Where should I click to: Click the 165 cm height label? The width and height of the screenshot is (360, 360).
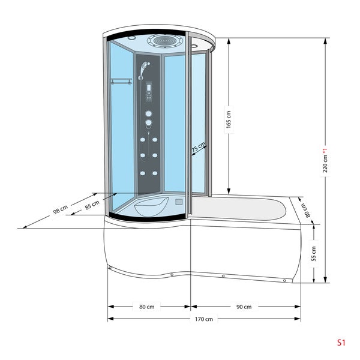click(x=229, y=119)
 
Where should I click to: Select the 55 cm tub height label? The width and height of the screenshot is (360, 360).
click(x=314, y=253)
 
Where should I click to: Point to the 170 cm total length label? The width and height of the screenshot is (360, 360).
click(x=204, y=319)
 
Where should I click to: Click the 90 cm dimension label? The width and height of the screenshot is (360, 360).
click(x=244, y=307)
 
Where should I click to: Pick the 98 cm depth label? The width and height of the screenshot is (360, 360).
click(x=61, y=209)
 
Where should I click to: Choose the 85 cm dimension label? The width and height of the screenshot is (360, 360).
click(x=92, y=205)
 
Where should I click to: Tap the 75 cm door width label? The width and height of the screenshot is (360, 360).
click(x=199, y=147)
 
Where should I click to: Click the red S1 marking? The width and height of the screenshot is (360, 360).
click(x=341, y=343)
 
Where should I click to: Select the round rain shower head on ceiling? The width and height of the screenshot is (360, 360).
click(x=166, y=41)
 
